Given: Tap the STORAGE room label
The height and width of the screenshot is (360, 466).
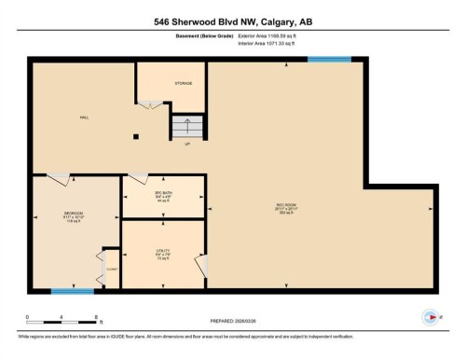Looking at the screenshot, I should (x=183, y=83).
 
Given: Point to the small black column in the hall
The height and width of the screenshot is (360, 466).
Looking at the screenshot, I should (x=137, y=136).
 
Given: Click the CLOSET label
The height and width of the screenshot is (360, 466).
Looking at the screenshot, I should (x=111, y=268).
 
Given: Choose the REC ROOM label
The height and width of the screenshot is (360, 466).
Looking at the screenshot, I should (x=286, y=208).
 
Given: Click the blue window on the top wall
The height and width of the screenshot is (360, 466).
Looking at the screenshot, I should (x=329, y=60).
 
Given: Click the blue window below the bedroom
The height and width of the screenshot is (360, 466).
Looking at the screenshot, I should (x=72, y=291).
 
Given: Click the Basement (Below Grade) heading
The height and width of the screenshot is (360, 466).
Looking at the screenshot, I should (x=205, y=35).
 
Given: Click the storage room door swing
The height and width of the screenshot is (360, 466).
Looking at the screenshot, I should (x=149, y=105).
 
